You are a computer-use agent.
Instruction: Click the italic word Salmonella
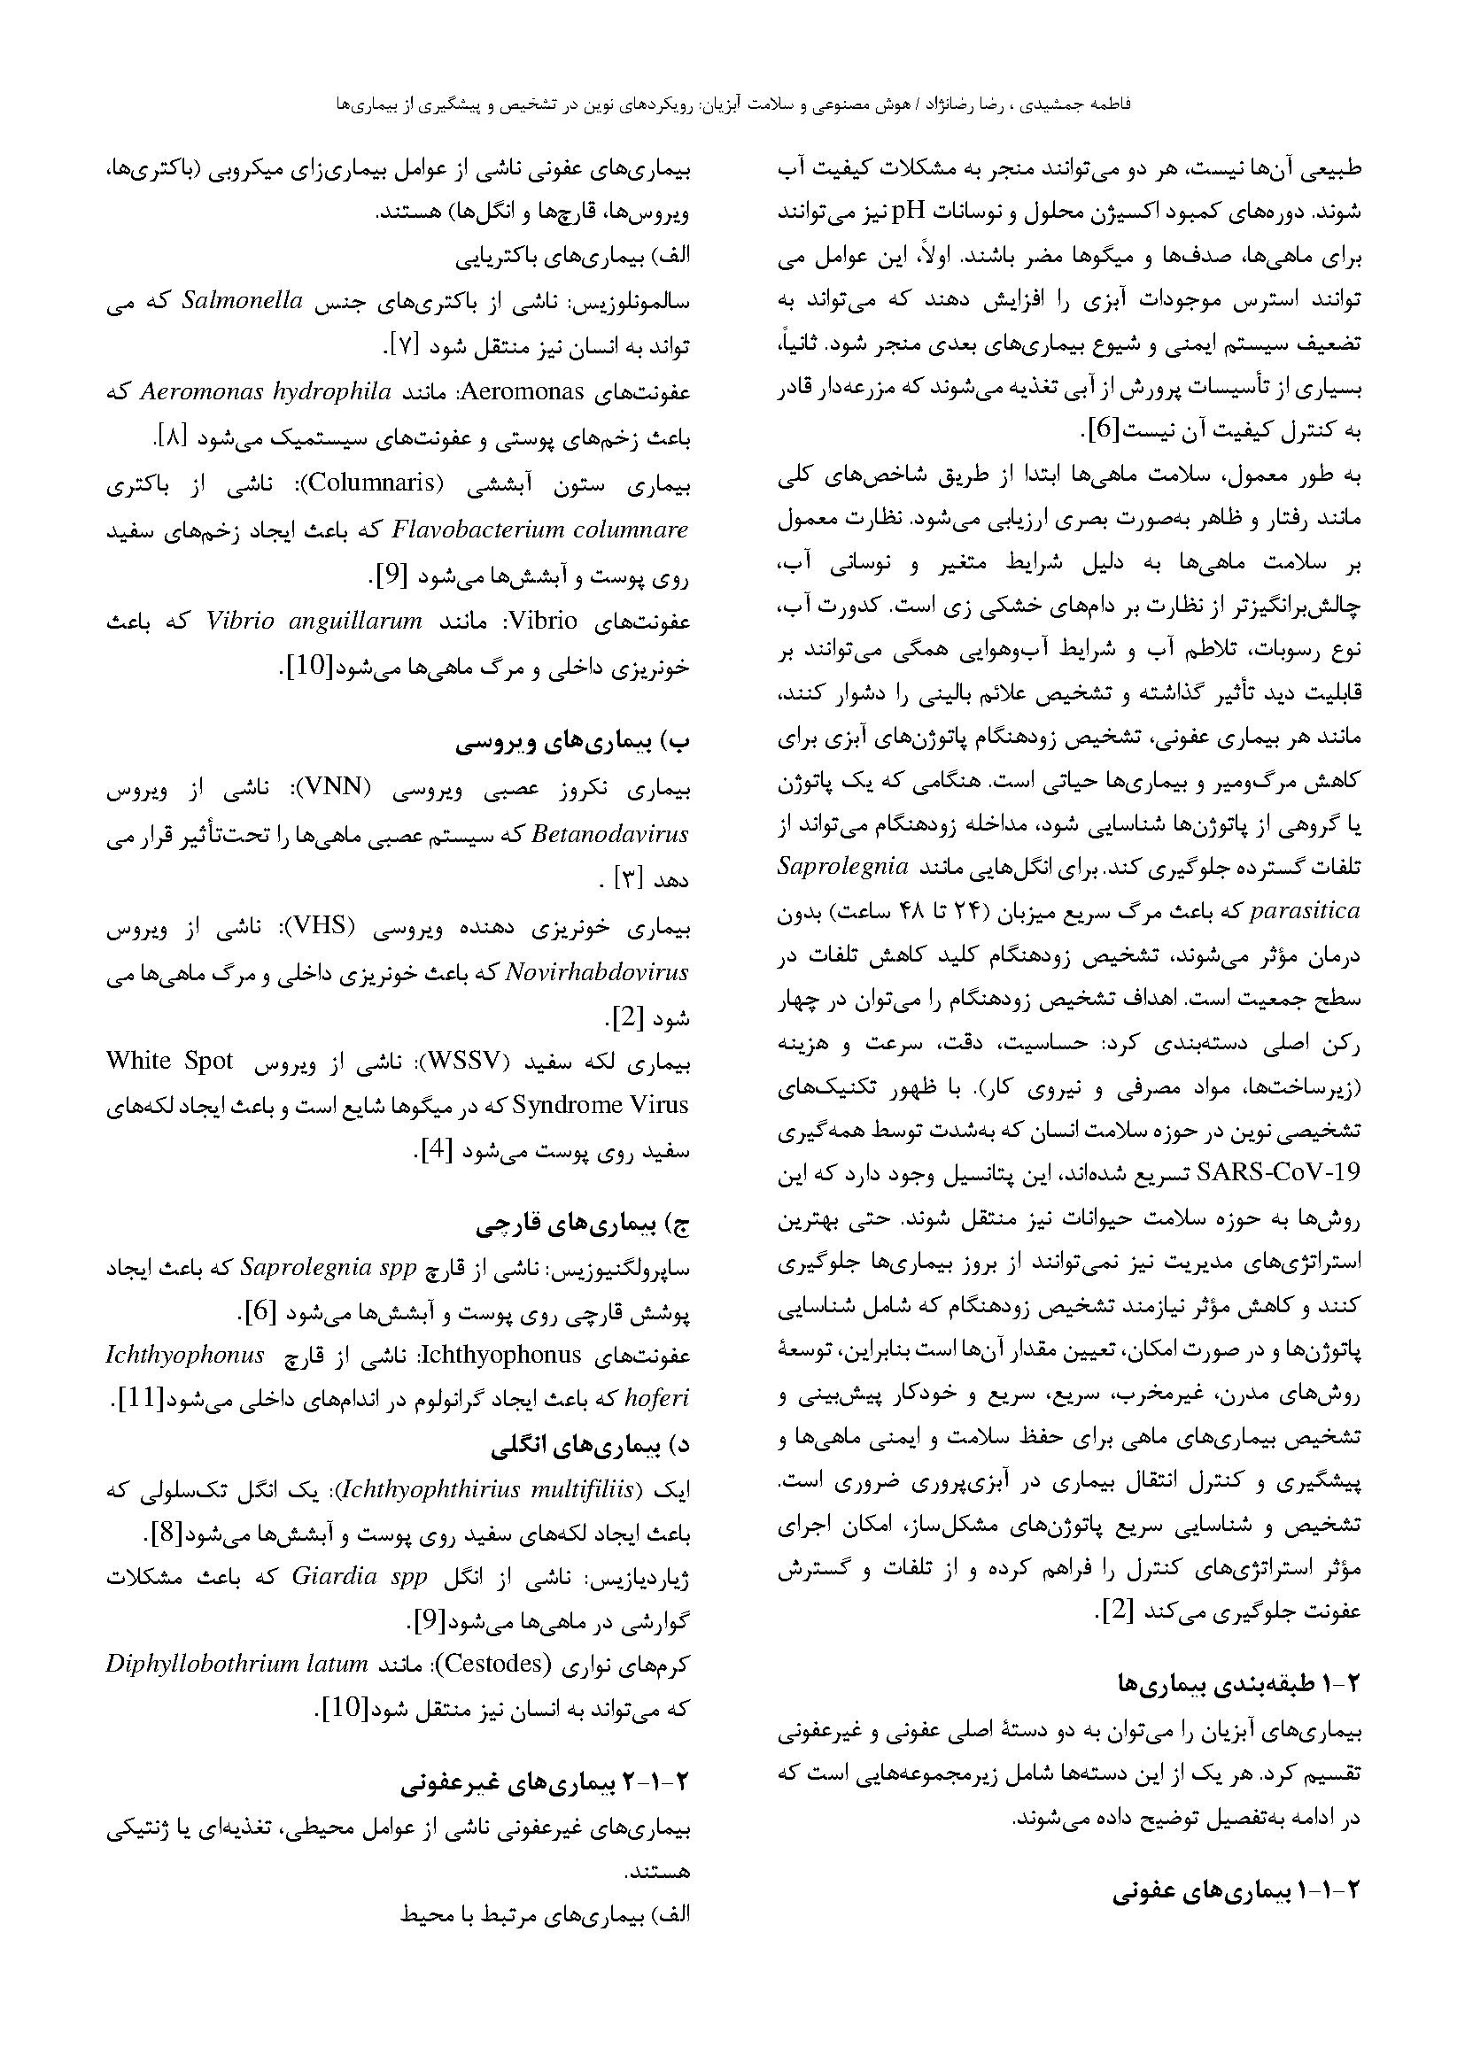click(242, 301)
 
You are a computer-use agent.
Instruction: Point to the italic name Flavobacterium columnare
click(540, 529)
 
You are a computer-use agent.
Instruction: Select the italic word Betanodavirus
click(612, 834)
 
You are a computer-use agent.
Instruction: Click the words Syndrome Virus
click(600, 1106)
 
